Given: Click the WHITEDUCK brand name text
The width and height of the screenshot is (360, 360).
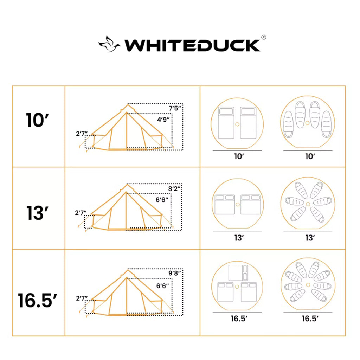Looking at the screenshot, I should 192,45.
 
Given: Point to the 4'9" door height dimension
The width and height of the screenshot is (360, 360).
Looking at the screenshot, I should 163,120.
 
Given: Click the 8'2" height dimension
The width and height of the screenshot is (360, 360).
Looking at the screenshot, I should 175,189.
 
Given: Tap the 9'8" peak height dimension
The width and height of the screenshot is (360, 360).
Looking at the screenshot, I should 175,272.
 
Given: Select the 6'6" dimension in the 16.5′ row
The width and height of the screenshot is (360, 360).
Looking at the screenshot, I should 163,285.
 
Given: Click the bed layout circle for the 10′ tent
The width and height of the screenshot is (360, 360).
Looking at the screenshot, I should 237,123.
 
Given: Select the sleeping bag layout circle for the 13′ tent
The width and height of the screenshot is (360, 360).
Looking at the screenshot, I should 308,204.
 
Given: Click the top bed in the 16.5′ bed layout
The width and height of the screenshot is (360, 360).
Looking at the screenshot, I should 238,272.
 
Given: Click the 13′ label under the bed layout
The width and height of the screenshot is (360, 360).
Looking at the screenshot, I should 239,238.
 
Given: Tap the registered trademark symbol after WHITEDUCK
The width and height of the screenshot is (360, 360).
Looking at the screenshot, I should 263,37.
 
